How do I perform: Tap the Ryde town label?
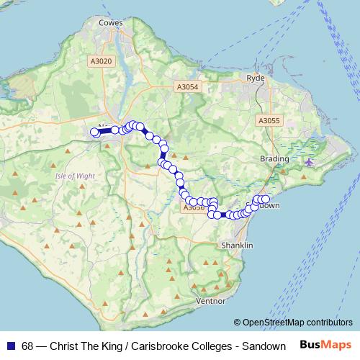click(x=256, y=77)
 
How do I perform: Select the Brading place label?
click(x=275, y=158)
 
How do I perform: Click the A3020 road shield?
click(x=102, y=61)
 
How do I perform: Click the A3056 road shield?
click(x=193, y=207)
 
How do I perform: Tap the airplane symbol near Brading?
click(x=310, y=161)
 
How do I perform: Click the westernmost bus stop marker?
click(x=94, y=132)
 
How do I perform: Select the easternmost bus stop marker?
click(x=265, y=199)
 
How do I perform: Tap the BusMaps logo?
click(x=326, y=345)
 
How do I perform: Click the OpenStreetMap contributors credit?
click(x=297, y=322)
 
